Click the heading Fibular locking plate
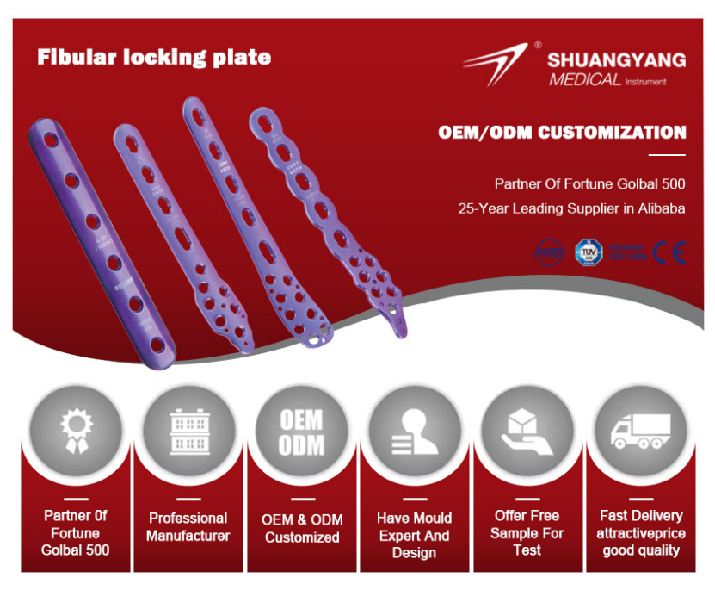pos(154,58)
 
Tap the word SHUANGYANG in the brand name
pos(616,59)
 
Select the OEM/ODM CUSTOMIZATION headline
pos(562,133)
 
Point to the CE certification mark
pos(669,252)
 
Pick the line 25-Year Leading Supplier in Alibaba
pos(572,208)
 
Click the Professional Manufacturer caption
pos(188,526)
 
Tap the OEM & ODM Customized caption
pos(301,528)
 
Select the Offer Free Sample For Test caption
pos(527,532)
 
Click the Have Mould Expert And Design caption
pos(414,535)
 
